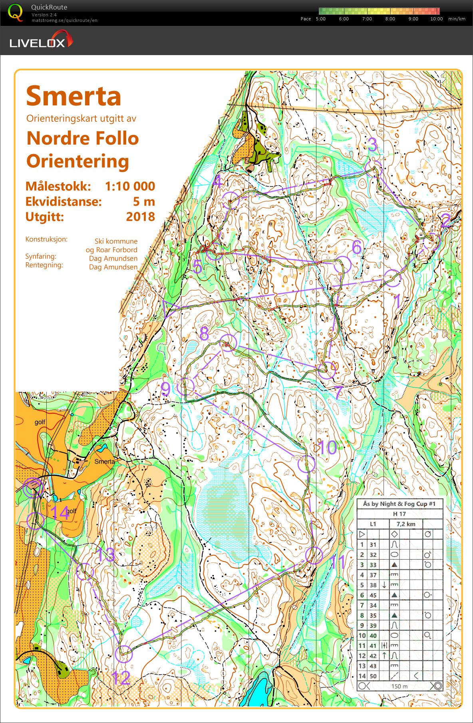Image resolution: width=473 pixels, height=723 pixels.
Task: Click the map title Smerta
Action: coord(74,96)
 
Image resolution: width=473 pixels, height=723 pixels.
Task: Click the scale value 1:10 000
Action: coord(130,186)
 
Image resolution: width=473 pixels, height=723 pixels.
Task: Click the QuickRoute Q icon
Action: coord(15,12)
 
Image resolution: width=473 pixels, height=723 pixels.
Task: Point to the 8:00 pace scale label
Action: coord(390,19)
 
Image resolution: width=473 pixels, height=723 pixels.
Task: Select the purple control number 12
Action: coord(121,677)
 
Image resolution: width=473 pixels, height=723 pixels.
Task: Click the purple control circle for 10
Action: coord(306,464)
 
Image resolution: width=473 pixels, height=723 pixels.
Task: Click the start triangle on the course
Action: coord(169,308)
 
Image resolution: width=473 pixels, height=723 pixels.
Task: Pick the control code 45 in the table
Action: coord(373,595)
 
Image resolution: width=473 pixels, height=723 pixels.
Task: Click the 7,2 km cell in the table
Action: coord(405,524)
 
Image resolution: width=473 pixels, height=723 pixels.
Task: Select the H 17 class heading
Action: coord(399,514)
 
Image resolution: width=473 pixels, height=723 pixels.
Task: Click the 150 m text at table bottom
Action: coord(399,686)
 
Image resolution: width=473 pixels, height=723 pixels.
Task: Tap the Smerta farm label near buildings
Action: coord(105,462)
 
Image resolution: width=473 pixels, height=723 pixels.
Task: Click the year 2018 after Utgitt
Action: coord(140,216)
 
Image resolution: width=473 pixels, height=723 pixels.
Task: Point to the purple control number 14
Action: coord(60,513)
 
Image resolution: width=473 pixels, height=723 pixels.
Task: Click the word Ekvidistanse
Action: coord(64,201)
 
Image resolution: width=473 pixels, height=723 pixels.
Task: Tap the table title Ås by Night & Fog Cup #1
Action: coord(399,504)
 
